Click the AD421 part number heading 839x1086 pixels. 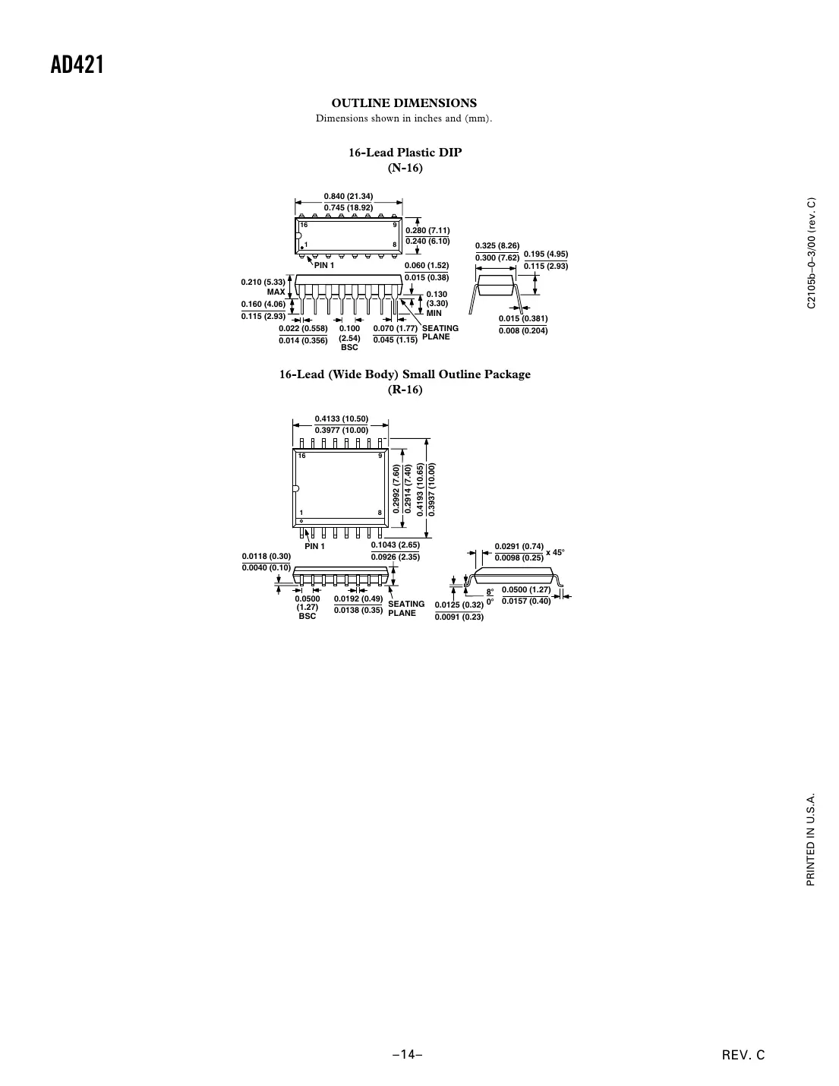point(77,65)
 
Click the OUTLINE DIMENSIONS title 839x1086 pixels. point(404,103)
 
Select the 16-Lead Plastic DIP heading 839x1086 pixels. point(405,153)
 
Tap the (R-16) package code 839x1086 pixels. point(405,390)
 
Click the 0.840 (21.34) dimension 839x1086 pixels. point(349,197)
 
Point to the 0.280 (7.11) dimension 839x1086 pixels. point(427,231)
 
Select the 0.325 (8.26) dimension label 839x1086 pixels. point(497,246)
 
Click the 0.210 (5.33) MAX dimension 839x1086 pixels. point(263,287)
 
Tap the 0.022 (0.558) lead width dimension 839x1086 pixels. point(303,329)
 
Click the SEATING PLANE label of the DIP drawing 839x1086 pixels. point(440,333)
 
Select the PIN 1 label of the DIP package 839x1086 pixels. point(324,266)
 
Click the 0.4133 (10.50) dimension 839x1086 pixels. point(342,419)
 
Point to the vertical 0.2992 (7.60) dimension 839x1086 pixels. point(396,490)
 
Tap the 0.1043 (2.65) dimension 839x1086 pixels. point(395,545)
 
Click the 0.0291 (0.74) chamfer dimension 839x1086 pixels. point(519,547)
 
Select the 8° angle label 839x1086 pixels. point(490,592)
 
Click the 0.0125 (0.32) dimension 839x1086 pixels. point(459,605)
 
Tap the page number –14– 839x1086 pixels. point(407,1055)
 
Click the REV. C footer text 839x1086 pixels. point(744,1055)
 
